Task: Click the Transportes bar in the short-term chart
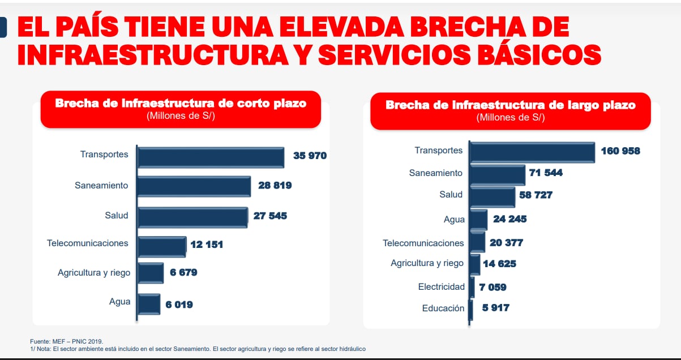coord(211,157)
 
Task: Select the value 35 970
coord(310,155)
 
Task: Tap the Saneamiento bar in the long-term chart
coord(498,175)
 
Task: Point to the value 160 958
coord(620,151)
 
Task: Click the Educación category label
coord(443,308)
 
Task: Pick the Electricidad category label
coord(442,287)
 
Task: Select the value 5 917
coord(495,308)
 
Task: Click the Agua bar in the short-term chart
coord(149,304)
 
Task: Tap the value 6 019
coord(179,305)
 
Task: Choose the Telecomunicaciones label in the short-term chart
coord(88,243)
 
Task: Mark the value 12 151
coord(207,245)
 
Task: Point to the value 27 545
coord(270,216)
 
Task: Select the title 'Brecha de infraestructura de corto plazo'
coord(181,104)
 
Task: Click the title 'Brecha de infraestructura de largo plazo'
coord(510,105)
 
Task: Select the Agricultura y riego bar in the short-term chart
coord(151,273)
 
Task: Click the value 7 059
coord(492,287)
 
